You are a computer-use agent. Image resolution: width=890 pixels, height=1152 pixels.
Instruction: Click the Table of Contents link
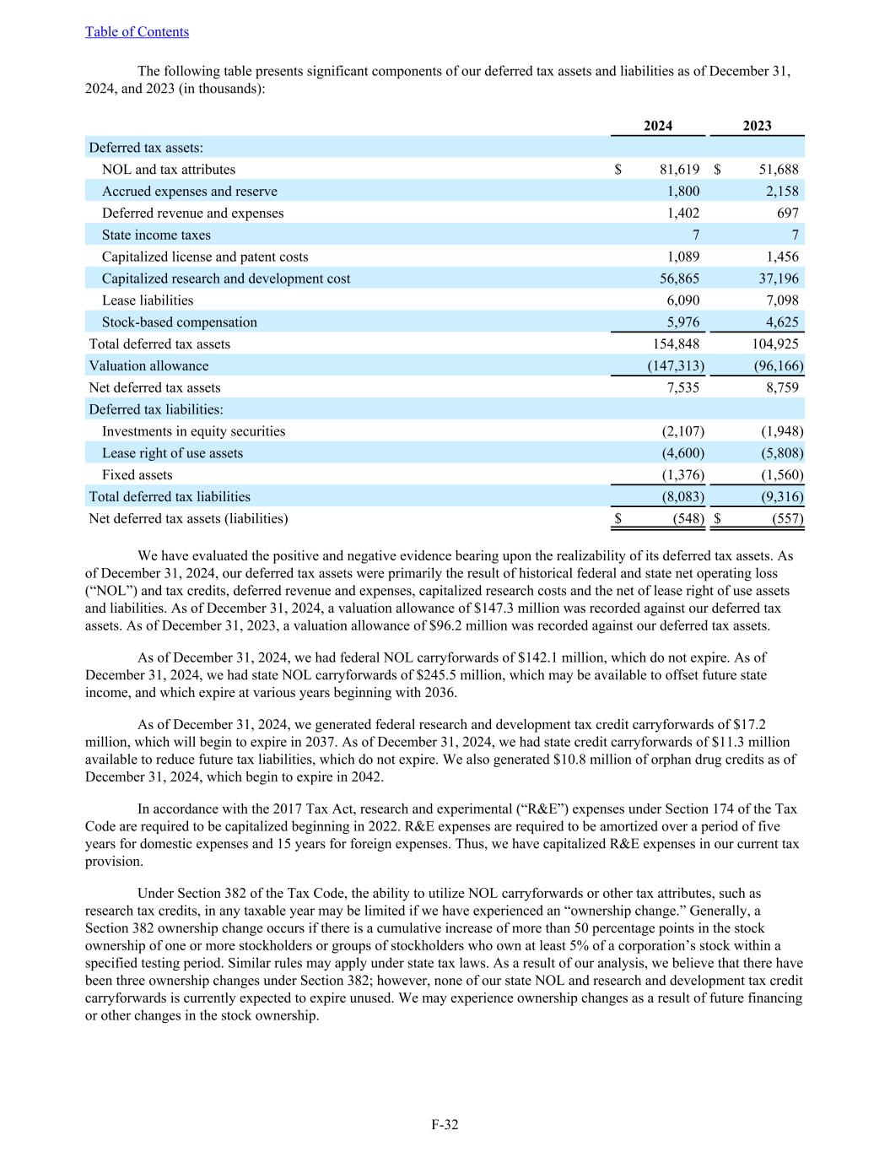click(137, 32)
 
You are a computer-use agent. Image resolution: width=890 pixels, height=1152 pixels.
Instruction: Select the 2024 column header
click(658, 126)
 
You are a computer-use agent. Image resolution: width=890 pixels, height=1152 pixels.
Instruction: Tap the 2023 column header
click(757, 126)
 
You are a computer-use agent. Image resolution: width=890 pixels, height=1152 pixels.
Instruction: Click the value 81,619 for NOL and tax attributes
click(679, 170)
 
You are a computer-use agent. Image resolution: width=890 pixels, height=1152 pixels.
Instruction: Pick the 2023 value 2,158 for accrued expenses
click(780, 192)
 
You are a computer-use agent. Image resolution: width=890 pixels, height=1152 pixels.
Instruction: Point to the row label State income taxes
click(156, 235)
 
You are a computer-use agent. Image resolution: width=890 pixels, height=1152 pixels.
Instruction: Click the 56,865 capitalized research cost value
click(679, 279)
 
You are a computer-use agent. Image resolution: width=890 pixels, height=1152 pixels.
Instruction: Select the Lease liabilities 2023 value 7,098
click(780, 300)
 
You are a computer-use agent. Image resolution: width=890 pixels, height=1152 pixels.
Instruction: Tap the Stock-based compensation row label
click(179, 322)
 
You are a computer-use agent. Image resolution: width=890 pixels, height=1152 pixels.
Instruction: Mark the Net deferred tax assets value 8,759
click(780, 388)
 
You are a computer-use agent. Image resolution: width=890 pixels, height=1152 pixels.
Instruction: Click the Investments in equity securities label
click(193, 431)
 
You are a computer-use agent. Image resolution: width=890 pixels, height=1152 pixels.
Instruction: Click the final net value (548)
click(688, 519)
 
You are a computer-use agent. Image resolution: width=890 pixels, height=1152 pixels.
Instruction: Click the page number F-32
click(445, 1124)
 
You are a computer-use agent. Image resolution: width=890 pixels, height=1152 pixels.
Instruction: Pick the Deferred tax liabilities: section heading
click(156, 409)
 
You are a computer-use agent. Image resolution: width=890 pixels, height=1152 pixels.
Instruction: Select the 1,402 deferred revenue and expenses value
click(682, 214)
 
